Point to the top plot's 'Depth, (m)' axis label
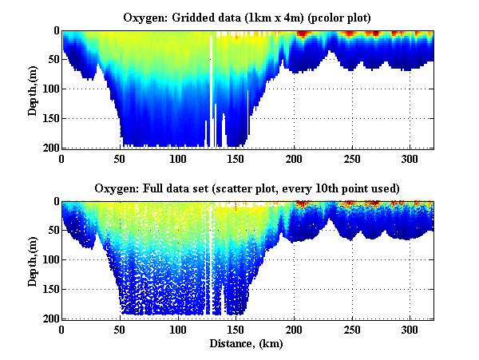33,89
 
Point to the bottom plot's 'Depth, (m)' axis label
33,260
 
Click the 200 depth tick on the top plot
51,148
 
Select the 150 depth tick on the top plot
51,118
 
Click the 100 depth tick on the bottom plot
51,260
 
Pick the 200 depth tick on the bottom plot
51,318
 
